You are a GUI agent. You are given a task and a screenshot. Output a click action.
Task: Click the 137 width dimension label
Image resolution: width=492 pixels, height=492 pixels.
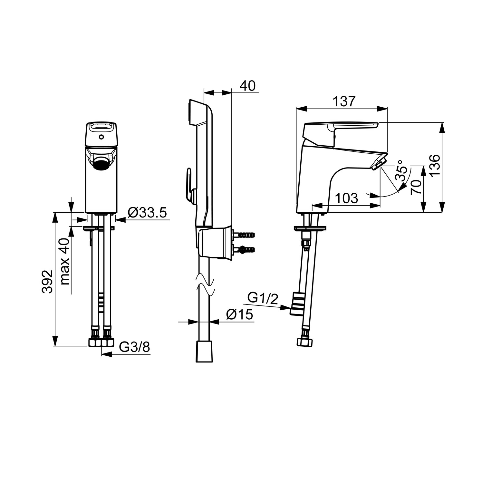pyautogui.click(x=343, y=101)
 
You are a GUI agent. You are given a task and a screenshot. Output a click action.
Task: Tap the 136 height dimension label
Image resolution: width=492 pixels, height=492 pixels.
pyautogui.click(x=435, y=165)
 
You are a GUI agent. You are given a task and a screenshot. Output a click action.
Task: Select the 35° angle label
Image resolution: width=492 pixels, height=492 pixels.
pyautogui.click(x=401, y=170)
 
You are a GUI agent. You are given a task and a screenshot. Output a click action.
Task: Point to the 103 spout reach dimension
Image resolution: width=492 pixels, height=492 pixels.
pyautogui.click(x=346, y=198)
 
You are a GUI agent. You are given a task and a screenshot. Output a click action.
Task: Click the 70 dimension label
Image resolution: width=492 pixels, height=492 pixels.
pyautogui.click(x=416, y=187)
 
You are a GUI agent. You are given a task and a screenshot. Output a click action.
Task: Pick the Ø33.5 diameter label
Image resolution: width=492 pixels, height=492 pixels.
pyautogui.click(x=147, y=213)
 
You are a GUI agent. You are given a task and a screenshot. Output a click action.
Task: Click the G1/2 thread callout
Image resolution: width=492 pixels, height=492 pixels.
pyautogui.click(x=263, y=299)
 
